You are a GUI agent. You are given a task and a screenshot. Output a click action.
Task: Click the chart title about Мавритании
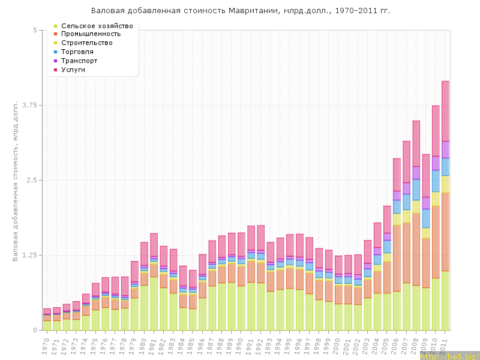tap(240, 11)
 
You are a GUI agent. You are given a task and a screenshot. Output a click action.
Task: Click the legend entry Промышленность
tap(91, 34)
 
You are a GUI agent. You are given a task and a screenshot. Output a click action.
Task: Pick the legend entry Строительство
tap(87, 43)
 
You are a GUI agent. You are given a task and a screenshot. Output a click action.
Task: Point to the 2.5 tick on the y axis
tap(30, 180)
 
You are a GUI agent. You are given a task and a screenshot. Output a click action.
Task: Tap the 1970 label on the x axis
tap(46, 346)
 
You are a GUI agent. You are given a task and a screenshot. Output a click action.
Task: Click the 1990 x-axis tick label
tap(239, 346)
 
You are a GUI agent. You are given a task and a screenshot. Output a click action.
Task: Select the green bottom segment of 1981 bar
tap(154, 303)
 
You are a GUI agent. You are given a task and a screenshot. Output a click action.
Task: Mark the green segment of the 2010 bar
tap(436, 304)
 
